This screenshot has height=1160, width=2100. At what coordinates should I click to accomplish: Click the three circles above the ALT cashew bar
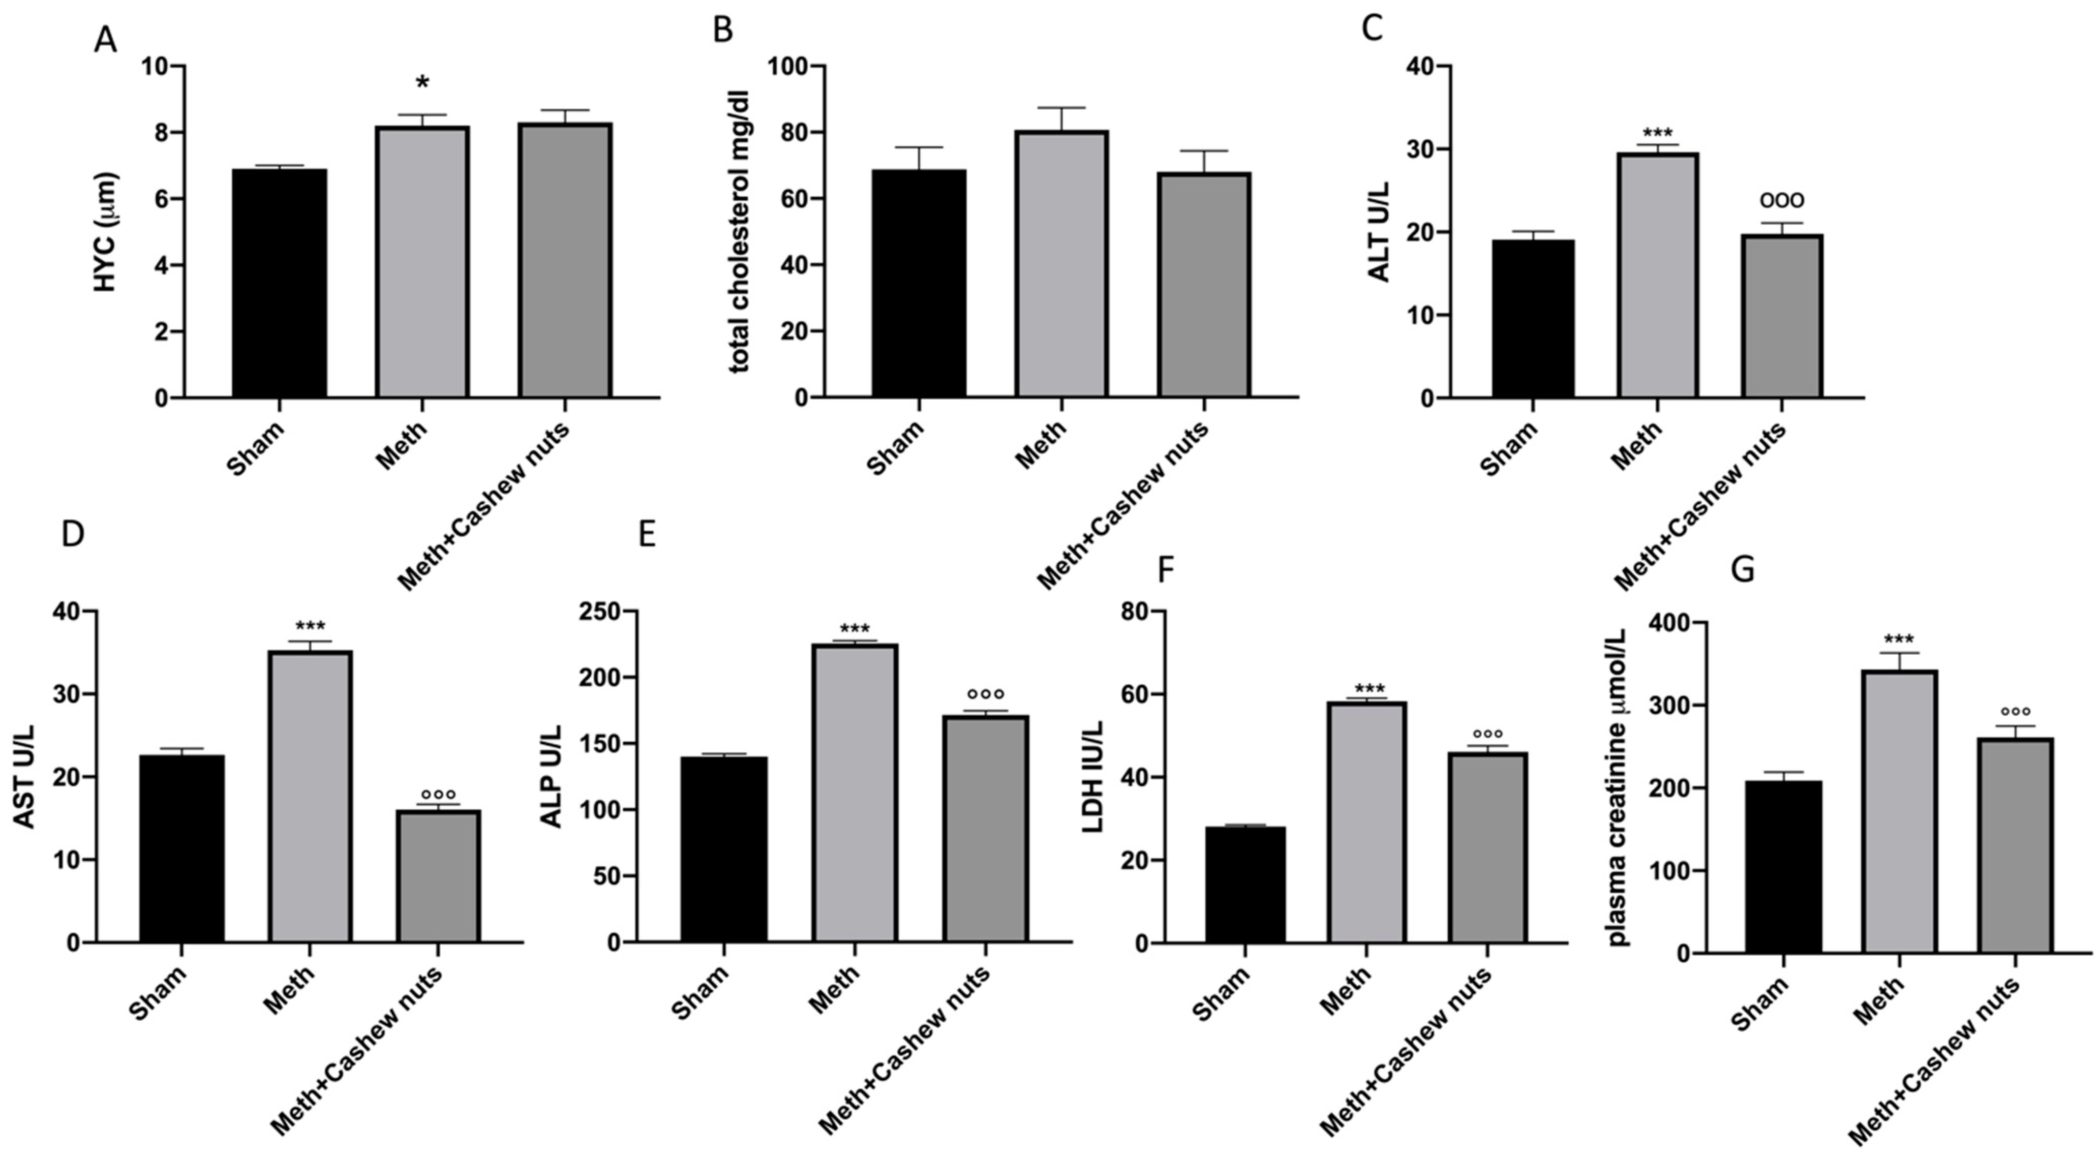[1782, 200]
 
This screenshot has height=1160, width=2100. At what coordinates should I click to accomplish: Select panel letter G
[1742, 571]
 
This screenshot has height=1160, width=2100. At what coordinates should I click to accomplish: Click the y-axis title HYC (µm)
[107, 232]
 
